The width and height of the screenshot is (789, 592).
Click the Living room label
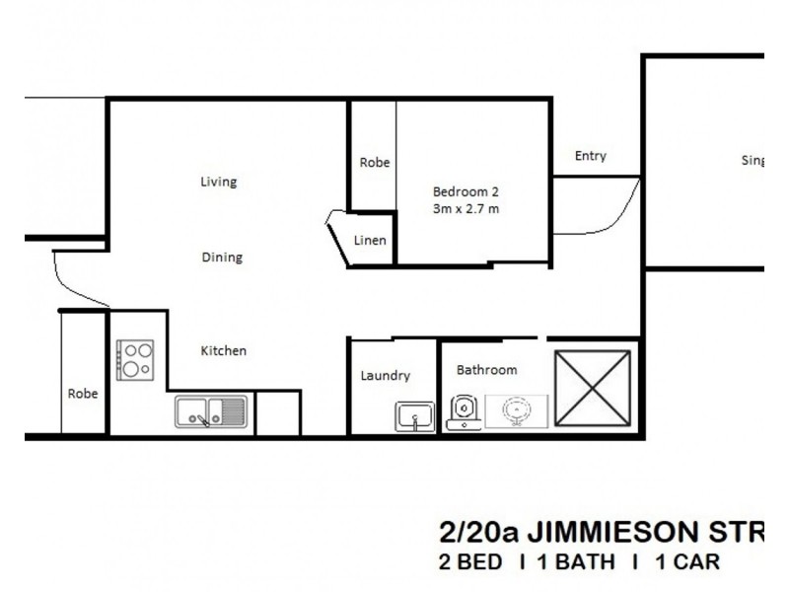(x=218, y=182)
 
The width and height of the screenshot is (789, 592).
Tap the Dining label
(x=222, y=258)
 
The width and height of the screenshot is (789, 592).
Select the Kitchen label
(x=224, y=350)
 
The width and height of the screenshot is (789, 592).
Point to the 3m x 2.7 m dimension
(x=465, y=208)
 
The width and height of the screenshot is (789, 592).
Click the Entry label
(x=590, y=156)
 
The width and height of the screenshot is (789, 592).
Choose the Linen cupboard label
(x=370, y=240)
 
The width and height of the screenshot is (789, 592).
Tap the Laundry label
(x=385, y=376)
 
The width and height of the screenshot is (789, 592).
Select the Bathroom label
(x=486, y=370)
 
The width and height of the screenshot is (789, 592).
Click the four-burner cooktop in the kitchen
(x=135, y=360)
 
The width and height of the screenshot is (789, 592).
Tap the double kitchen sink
(x=211, y=411)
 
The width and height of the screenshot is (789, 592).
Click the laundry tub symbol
(x=415, y=416)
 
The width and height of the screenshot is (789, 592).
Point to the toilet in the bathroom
(x=464, y=412)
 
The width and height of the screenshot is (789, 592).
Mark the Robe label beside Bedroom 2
(x=374, y=163)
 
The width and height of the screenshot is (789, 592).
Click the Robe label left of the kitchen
(x=83, y=393)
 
